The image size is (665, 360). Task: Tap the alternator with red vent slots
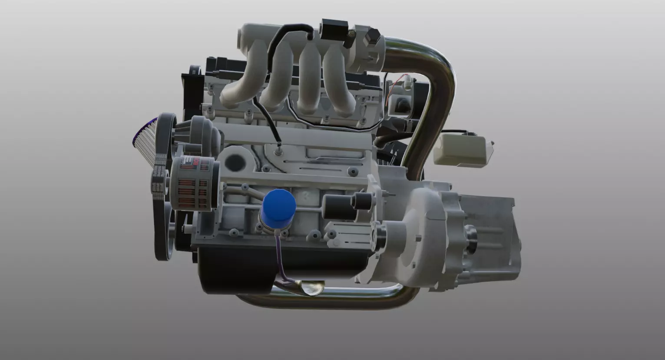[194, 183]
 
